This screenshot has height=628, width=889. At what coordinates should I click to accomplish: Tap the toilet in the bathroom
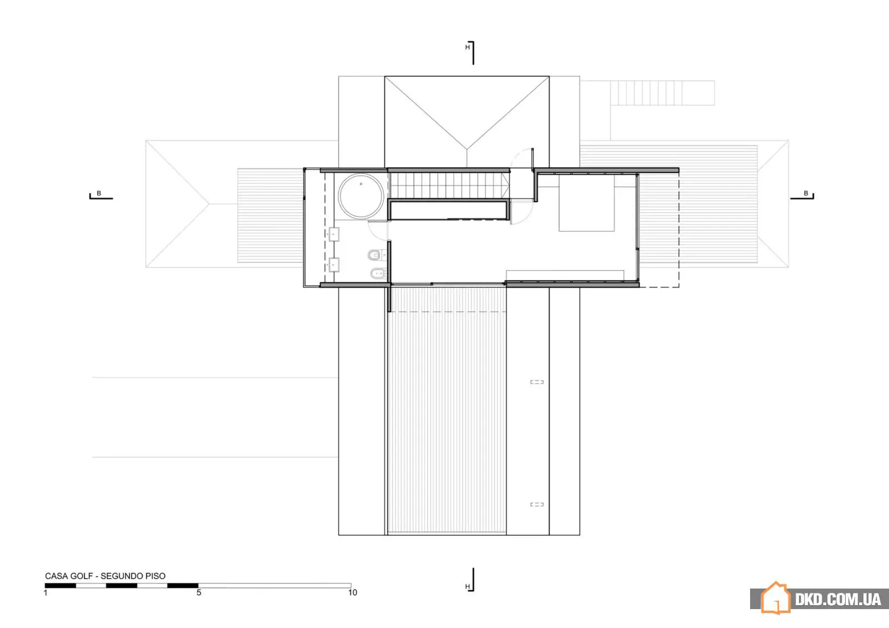coord(376,255)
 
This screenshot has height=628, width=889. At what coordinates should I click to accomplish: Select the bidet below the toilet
coord(378,273)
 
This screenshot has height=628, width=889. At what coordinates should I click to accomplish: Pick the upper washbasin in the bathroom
coord(334,234)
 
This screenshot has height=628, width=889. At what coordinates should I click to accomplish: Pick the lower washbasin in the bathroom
coord(334,265)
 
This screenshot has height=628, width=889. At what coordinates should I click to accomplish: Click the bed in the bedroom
coord(587,203)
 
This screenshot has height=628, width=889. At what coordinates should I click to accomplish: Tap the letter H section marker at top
coord(467,47)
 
